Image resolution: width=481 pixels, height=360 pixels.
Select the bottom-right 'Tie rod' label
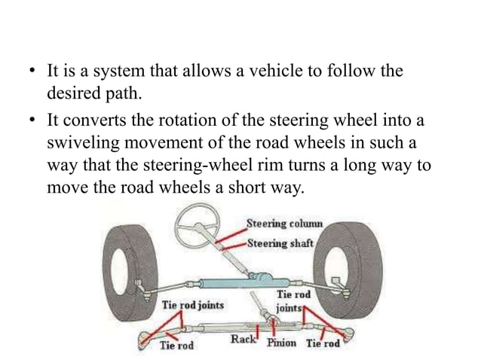pos(323,345)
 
